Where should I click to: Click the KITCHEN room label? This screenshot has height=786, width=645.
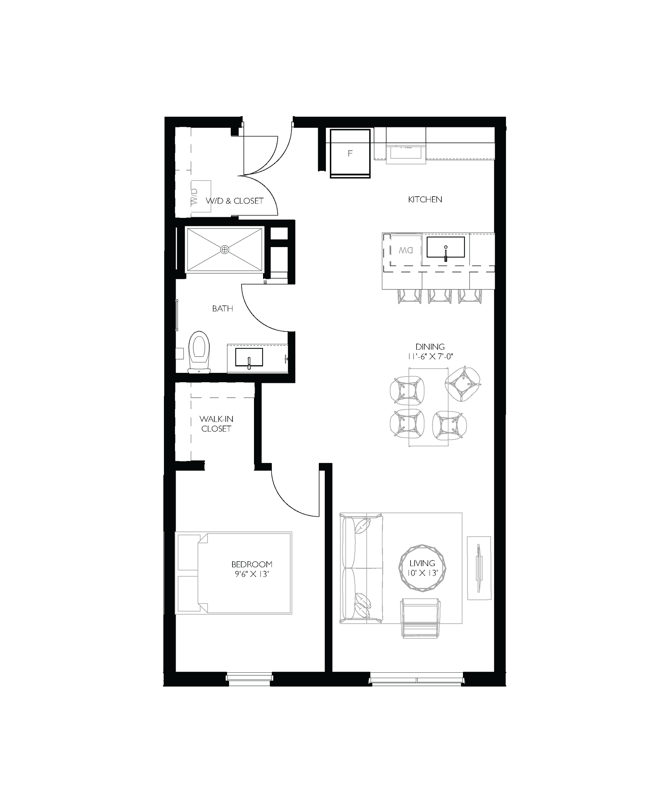(425, 200)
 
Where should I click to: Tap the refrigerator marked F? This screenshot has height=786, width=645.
(350, 153)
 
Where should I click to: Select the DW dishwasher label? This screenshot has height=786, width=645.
(406, 250)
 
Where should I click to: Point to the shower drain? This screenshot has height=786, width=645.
(224, 249)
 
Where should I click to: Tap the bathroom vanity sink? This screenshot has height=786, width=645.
(249, 358)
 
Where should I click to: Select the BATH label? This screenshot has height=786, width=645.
(222, 308)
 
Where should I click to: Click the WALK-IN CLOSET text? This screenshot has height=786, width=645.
(216, 424)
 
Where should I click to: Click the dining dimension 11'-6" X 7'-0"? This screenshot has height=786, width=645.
(430, 357)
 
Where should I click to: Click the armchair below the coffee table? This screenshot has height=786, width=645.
(421, 618)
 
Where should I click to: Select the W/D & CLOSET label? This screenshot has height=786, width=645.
(235, 201)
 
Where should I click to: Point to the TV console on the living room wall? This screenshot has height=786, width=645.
(479, 568)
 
